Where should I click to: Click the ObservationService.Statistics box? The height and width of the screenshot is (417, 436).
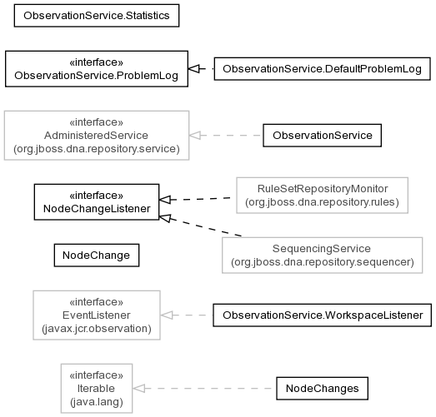pos(97,16)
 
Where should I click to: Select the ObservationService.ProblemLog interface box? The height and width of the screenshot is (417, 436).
pos(97,69)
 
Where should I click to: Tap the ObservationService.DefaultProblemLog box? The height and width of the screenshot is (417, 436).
pos(323,69)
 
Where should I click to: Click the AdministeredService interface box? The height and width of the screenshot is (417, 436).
pos(97,136)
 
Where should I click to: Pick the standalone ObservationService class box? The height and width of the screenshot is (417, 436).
pos(323,136)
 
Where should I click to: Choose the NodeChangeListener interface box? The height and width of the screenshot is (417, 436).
pos(97,202)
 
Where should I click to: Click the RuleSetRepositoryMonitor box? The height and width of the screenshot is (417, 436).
pos(323,196)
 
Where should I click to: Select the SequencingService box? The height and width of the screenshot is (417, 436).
pos(323,256)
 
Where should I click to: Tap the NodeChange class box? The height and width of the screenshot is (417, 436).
pos(97,256)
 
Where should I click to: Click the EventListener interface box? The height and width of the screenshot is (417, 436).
pos(97,315)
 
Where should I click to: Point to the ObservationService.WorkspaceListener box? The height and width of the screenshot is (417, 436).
pos(323,315)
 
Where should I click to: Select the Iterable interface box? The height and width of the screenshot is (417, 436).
pos(97,389)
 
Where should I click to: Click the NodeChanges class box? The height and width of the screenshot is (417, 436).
pos(323,389)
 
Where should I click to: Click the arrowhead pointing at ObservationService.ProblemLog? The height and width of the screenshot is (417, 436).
pos(193,69)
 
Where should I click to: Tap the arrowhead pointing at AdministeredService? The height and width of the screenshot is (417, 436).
pos(195,136)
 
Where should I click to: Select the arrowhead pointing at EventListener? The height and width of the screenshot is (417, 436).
pos(166,315)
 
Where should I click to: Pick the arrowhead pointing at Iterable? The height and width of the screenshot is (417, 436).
pos(138,389)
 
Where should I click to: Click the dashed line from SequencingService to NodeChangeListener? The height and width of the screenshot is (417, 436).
pos(200,226)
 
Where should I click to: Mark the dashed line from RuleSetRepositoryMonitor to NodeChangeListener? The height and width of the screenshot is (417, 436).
pos(195,199)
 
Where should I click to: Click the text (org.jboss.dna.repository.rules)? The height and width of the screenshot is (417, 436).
pos(323,202)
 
